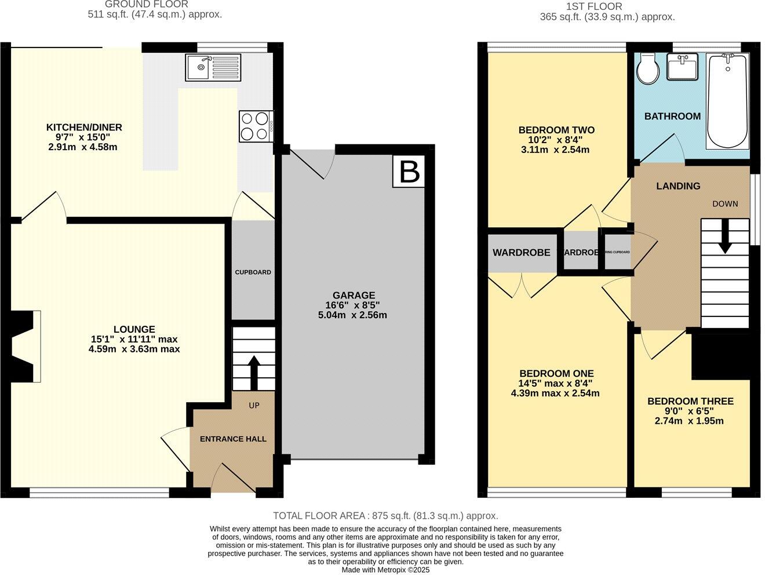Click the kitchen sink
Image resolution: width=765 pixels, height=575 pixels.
pyautogui.click(x=213, y=67)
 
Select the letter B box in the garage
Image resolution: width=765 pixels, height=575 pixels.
pyautogui.click(x=409, y=172)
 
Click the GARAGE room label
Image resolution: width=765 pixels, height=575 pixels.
pyautogui.click(x=354, y=295)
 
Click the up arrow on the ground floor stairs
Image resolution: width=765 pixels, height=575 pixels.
pyautogui.click(x=254, y=372)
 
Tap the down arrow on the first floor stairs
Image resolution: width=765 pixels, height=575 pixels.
pyautogui.click(x=724, y=239)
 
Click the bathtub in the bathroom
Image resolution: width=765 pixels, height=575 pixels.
pyautogui.click(x=727, y=101)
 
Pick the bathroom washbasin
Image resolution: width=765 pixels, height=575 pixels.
pyautogui.click(x=684, y=66)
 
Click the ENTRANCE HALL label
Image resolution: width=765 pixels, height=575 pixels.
pyautogui.click(x=233, y=439)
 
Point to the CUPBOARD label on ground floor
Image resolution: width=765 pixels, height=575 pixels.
pyautogui.click(x=253, y=272)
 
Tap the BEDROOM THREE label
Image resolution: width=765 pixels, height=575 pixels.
pyautogui.click(x=690, y=401)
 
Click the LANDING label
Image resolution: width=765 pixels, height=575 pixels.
pyautogui.click(x=678, y=186)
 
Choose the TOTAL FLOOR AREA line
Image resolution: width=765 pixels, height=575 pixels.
pyautogui.click(x=385, y=515)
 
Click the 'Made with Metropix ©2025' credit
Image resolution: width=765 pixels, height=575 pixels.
pyautogui.click(x=385, y=570)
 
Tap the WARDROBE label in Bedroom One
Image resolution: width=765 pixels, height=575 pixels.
pyautogui.click(x=521, y=253)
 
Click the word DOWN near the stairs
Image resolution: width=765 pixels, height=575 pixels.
pyautogui.click(x=725, y=203)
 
